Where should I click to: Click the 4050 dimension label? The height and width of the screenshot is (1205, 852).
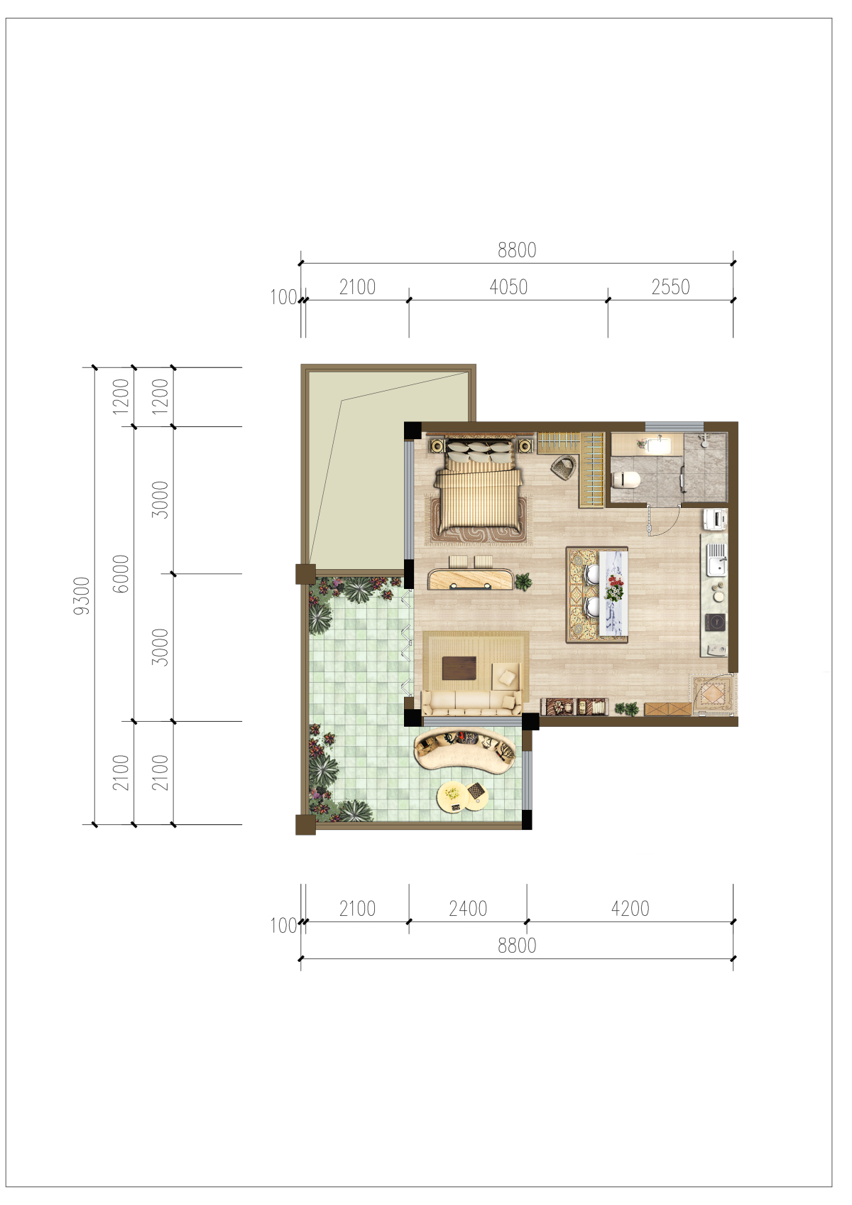click(508, 287)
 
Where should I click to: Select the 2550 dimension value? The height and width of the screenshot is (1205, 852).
click(670, 287)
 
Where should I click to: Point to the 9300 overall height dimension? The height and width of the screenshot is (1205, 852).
click(82, 595)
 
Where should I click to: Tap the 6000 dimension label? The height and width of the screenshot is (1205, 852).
click(121, 574)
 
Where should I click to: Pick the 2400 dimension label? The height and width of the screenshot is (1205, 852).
click(468, 909)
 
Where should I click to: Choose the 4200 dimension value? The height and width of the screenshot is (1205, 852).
click(630, 909)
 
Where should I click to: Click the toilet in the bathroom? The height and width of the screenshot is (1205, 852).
click(626, 478)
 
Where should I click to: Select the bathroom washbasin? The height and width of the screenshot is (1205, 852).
click(658, 445)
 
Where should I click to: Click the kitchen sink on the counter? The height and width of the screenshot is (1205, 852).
click(716, 560)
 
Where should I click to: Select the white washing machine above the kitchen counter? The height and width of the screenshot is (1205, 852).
click(716, 519)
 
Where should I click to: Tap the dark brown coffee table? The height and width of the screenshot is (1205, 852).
click(459, 668)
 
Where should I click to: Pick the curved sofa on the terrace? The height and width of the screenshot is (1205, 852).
click(465, 751)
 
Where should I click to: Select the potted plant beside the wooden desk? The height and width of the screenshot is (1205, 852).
click(523, 581)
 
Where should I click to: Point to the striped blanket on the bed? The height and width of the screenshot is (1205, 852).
click(479, 500)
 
